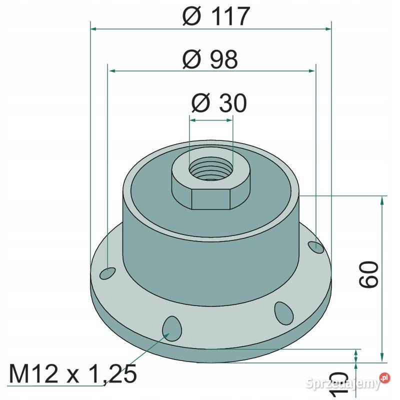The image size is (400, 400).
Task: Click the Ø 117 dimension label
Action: (216, 16)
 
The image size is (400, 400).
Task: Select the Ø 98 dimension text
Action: (210, 59)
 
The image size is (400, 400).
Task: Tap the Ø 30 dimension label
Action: (219, 103)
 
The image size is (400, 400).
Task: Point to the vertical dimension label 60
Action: (368, 274)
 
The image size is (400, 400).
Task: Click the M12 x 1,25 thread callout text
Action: (73, 374)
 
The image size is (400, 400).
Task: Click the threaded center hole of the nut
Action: (211, 168)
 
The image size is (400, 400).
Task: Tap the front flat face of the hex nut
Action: (211, 199)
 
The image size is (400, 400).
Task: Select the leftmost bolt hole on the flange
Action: (107, 273)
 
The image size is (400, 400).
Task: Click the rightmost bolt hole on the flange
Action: (316, 247)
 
